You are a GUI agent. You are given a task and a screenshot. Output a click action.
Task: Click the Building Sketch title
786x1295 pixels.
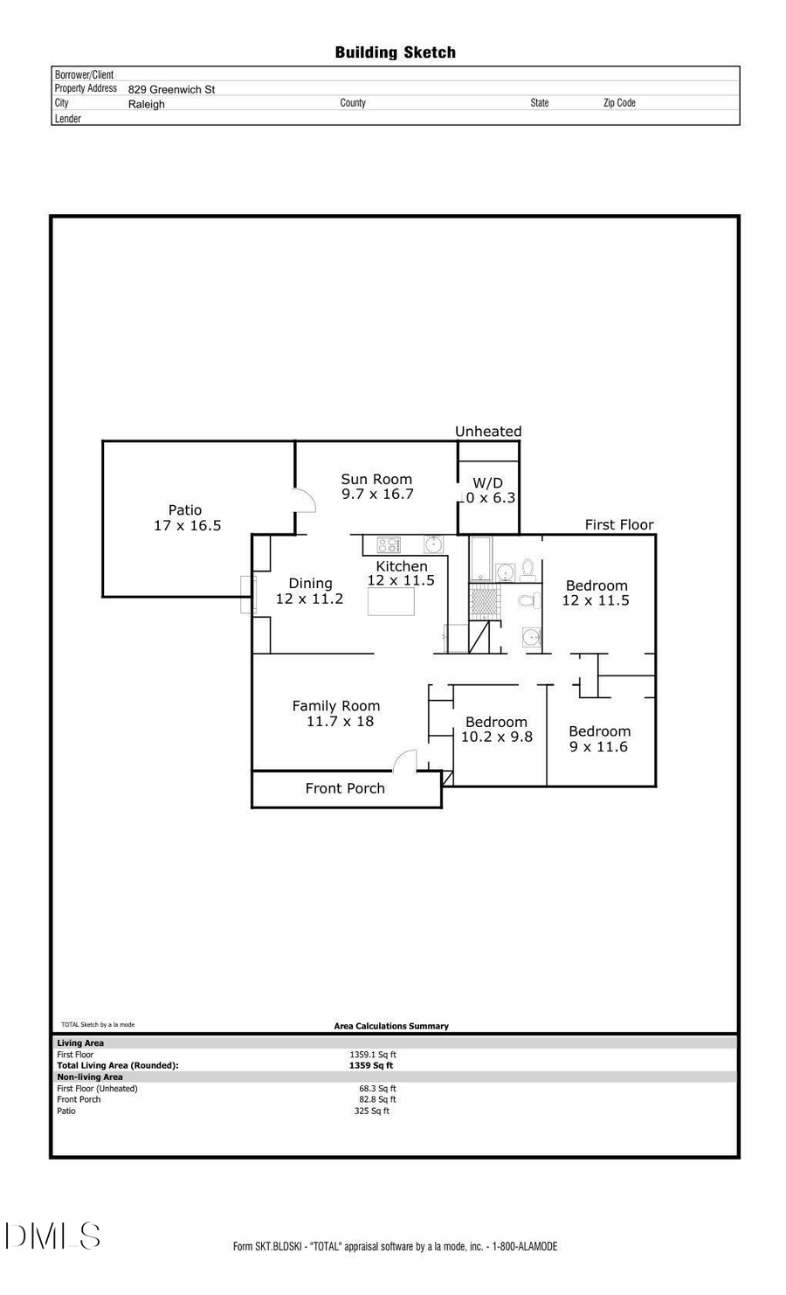point(395,52)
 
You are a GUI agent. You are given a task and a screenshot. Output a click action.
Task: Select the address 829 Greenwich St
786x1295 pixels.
point(171,89)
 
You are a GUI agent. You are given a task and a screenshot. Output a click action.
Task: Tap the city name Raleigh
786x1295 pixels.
point(146,104)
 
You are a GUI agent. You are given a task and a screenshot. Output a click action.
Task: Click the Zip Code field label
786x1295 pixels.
point(619,103)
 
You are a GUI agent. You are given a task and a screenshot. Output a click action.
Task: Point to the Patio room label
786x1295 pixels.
point(185,510)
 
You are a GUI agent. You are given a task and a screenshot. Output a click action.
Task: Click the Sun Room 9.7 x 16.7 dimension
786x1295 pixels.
point(377,494)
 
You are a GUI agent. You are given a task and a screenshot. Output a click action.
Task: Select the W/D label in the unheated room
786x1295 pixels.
point(487,483)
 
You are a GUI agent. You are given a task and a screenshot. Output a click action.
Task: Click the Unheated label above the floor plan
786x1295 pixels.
point(488,432)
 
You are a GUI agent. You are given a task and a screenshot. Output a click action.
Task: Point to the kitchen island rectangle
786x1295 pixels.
point(390,602)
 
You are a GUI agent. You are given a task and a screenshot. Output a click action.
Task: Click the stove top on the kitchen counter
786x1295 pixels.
point(388,544)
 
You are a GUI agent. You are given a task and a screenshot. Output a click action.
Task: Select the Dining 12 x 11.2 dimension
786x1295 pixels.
point(309,599)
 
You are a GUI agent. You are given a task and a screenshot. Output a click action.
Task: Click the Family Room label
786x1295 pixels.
point(336,706)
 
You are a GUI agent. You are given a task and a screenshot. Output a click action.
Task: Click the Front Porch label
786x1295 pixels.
point(345,788)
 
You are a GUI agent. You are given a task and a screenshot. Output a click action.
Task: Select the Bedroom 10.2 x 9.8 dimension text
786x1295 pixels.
point(496,737)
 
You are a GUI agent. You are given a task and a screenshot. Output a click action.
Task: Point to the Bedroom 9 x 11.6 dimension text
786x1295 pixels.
point(599,747)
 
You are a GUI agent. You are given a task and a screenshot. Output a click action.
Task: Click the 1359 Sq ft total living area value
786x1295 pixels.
point(371,1065)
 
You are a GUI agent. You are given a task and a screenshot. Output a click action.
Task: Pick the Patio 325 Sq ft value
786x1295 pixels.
point(372,1111)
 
